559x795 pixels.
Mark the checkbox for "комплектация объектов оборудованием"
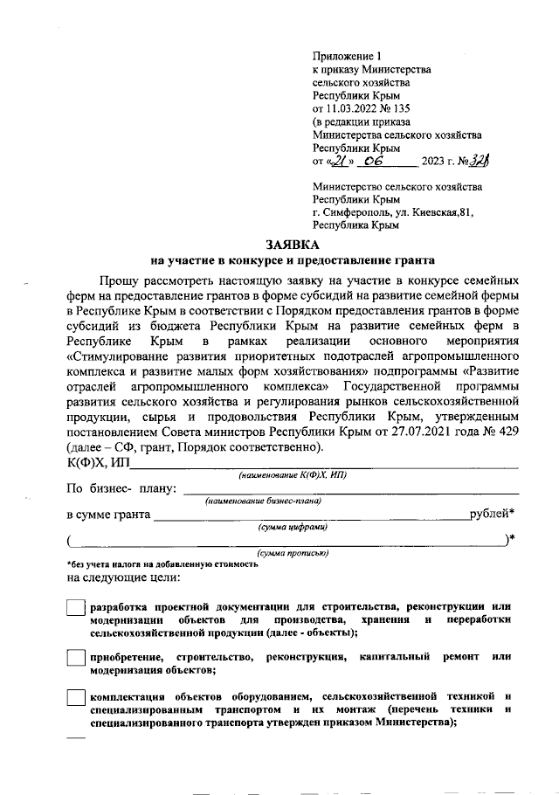click(x=76, y=701)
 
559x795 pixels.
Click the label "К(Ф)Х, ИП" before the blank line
click(x=98, y=462)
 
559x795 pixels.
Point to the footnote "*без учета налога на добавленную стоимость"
click(x=162, y=564)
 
